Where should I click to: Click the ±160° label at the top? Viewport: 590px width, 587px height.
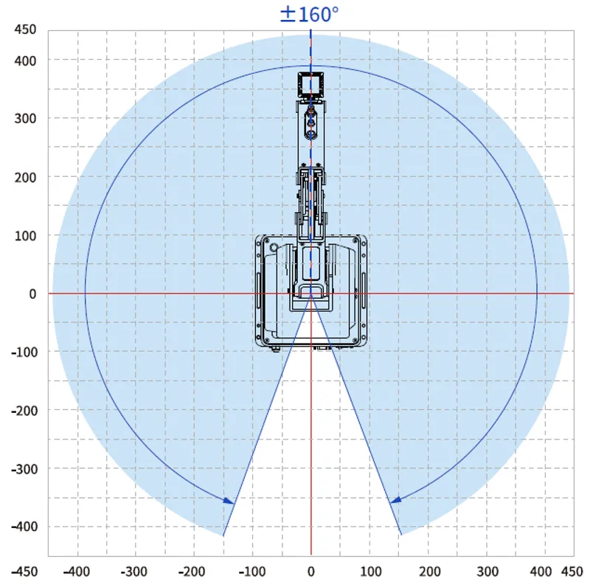[x=309, y=14]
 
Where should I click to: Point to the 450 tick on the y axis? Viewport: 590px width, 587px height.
[x=25, y=29]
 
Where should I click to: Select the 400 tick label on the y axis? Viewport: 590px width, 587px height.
[x=25, y=60]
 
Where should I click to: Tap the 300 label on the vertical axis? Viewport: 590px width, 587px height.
[x=25, y=119]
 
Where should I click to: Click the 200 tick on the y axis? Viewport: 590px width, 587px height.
[x=25, y=177]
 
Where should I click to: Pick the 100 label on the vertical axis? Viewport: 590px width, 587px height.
[x=25, y=236]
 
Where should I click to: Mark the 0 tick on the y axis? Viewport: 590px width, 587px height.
[x=32, y=294]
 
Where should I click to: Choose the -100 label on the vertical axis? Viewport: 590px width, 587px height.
[x=24, y=352]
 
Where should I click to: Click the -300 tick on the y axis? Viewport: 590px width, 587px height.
[x=24, y=469]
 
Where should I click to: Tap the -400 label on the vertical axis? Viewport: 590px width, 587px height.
[x=24, y=527]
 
